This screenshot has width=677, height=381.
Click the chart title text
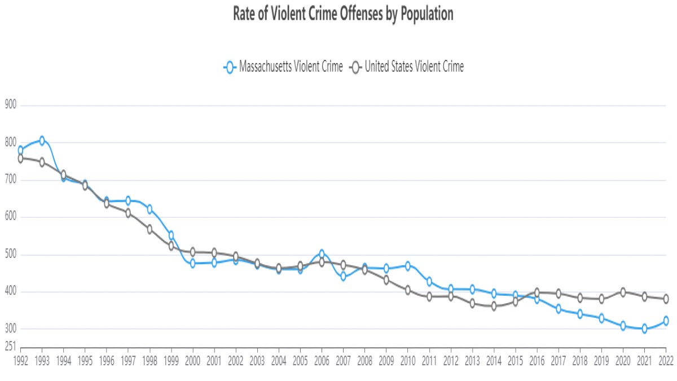tap(343, 15)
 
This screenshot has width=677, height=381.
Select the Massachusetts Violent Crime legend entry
tap(283, 67)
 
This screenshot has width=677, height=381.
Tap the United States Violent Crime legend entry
tap(407, 67)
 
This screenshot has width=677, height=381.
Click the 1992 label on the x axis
tap(20, 360)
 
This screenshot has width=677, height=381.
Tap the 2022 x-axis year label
tap(666, 360)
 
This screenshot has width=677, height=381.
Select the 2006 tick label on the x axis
tap(322, 360)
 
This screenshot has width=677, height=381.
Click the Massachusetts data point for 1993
tap(42, 141)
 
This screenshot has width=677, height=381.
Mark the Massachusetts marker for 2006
tap(322, 254)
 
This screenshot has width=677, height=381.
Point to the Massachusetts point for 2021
tap(644, 329)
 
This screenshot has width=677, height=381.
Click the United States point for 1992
tap(20, 159)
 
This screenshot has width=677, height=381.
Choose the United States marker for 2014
tap(494, 306)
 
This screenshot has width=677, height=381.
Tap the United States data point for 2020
tap(623, 292)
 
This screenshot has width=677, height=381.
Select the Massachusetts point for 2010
tap(407, 265)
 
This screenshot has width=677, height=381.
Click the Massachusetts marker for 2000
tap(192, 264)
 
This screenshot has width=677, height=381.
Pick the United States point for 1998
tap(150, 229)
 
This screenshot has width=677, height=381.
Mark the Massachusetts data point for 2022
tap(666, 321)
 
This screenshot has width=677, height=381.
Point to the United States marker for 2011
tap(429, 296)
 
